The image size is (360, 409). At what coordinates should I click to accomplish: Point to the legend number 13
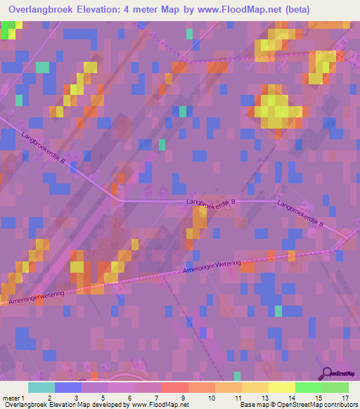(x=264, y=397)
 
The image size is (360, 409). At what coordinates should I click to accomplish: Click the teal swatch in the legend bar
(x=41, y=387)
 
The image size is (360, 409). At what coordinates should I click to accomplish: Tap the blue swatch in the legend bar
(x=68, y=387)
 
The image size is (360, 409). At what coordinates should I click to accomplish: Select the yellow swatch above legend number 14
(x=281, y=387)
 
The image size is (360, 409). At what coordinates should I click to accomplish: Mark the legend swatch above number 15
(x=308, y=387)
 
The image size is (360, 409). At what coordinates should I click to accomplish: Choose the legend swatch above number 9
(x=175, y=387)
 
